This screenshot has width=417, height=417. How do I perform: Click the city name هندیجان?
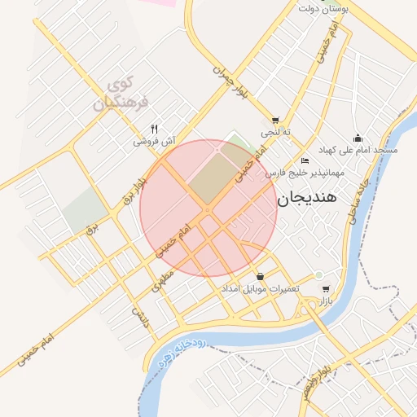[312, 198]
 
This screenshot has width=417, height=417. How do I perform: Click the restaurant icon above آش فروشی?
[155, 129]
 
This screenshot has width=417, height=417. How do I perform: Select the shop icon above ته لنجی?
[275, 119]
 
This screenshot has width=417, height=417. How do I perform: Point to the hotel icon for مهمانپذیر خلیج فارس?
[305, 160]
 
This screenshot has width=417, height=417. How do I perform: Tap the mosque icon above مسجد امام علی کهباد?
[357, 138]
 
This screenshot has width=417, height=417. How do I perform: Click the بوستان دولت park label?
[323, 8]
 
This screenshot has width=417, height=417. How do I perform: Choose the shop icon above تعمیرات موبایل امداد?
[260, 276]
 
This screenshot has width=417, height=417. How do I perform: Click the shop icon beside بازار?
[326, 289]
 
